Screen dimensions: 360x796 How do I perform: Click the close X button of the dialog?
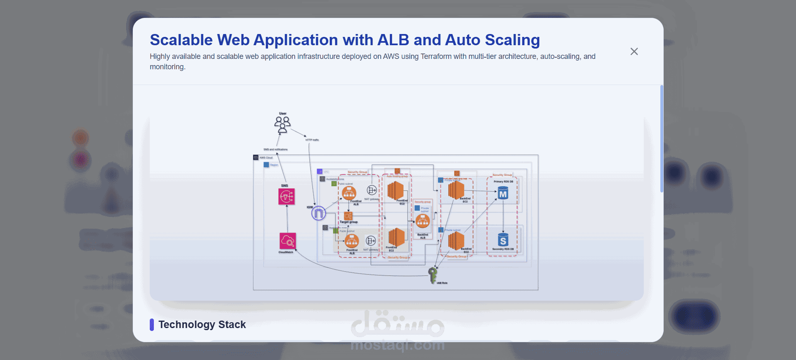click(634, 51)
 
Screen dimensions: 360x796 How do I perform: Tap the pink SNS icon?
click(287, 197)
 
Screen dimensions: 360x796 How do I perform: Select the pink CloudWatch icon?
click(287, 241)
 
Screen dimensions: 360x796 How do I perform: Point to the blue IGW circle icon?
click(319, 213)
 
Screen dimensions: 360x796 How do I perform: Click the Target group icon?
click(348, 216)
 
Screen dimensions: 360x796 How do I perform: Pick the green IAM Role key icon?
click(433, 275)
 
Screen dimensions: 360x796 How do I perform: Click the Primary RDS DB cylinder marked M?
click(503, 193)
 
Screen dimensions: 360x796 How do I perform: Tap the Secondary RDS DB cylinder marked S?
click(503, 240)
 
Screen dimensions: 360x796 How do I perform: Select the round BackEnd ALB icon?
click(423, 221)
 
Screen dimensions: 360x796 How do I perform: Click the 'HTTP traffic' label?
click(312, 140)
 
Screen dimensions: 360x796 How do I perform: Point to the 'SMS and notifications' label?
click(275, 149)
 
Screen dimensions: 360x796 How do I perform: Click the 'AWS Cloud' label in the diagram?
click(266, 158)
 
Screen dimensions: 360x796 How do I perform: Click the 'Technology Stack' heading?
click(202, 324)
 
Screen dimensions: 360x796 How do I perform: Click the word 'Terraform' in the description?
click(436, 56)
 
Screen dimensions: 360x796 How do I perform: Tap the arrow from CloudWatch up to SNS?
click(287, 219)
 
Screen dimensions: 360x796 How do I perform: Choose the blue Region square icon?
click(266, 165)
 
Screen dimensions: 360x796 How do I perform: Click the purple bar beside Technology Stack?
click(152, 324)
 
